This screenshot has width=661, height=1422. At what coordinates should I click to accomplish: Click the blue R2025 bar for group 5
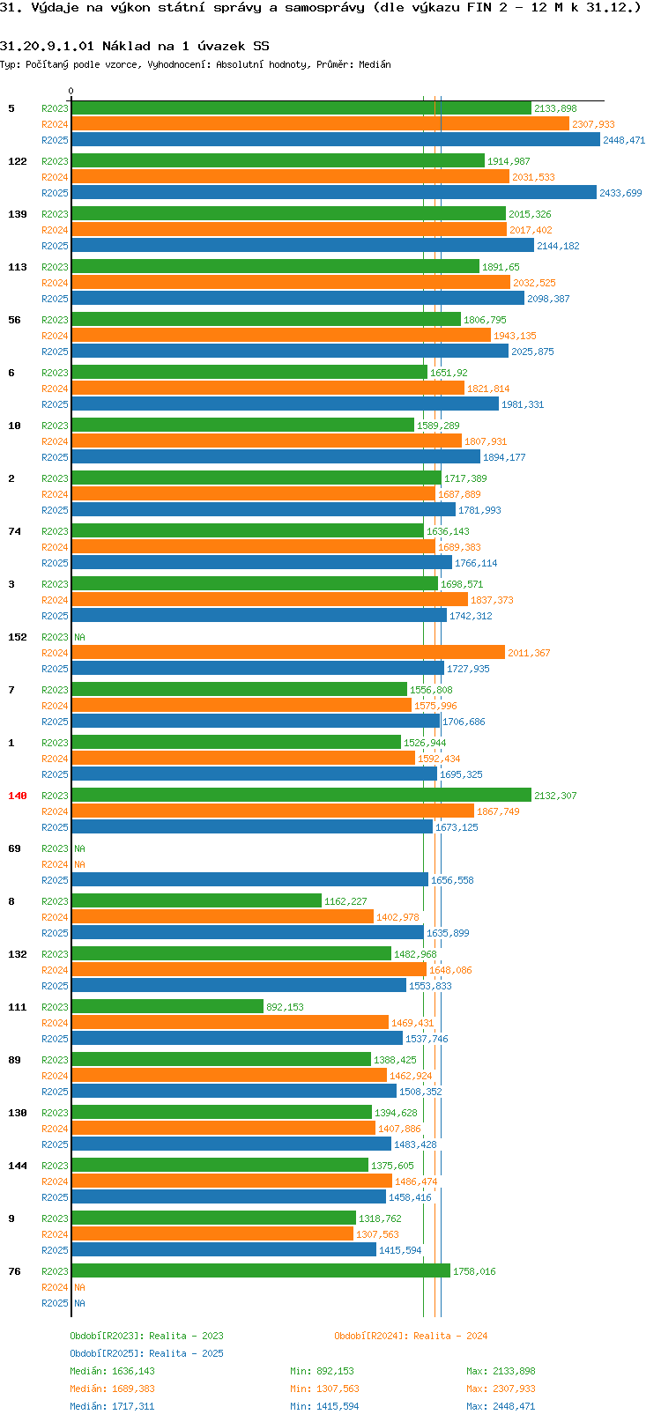[335, 140]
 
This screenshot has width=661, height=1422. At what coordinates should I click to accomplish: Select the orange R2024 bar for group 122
[290, 177]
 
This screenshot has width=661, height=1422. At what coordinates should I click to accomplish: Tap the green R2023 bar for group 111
[167, 1007]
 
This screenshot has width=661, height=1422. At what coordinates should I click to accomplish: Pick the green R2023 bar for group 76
[260, 1271]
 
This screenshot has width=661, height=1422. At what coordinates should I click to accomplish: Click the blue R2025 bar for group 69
[249, 880]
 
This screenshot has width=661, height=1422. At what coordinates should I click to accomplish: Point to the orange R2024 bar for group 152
[287, 653]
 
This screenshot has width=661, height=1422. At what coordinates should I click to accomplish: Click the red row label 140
[17, 796]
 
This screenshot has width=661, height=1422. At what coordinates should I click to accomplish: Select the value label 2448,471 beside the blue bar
[623, 140]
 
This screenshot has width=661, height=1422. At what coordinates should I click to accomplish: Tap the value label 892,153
[285, 1007]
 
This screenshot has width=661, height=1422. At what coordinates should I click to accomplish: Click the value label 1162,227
[345, 901]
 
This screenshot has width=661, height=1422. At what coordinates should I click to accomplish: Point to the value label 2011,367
[529, 653]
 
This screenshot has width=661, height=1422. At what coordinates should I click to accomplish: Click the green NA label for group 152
[79, 637]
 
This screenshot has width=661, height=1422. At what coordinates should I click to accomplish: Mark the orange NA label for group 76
[79, 1287]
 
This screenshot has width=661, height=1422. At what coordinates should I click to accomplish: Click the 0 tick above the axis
[71, 91]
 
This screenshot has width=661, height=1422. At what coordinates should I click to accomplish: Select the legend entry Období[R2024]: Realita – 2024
[411, 1335]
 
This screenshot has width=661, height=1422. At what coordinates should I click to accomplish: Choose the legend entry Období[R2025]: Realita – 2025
[146, 1352]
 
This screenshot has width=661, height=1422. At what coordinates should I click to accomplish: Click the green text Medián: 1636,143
[113, 1371]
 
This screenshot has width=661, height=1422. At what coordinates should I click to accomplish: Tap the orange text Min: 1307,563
[324, 1389]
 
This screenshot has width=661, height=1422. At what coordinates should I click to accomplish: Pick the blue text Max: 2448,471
[501, 1406]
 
